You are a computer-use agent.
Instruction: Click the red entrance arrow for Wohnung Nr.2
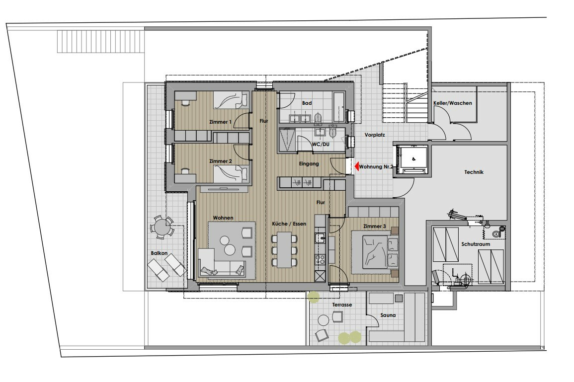click(x=356, y=166)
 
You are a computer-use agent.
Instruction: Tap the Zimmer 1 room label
click(x=220, y=122)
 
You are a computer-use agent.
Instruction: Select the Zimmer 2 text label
click(x=220, y=161)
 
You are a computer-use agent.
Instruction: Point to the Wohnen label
click(x=223, y=218)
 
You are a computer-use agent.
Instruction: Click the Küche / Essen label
click(x=289, y=224)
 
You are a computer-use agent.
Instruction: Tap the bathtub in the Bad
click(x=339, y=107)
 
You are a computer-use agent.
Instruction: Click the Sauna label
click(x=388, y=315)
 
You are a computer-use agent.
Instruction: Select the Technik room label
click(x=474, y=171)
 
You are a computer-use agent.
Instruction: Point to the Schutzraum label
click(x=476, y=244)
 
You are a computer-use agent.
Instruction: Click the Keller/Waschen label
click(x=452, y=103)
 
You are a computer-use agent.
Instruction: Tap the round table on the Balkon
click(x=161, y=227)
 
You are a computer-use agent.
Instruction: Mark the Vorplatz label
click(x=375, y=135)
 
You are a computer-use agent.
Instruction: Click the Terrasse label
click(x=342, y=305)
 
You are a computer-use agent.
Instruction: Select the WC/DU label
click(x=321, y=144)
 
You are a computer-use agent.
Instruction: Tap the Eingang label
click(x=309, y=163)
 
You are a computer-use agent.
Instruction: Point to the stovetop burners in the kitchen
click(x=321, y=259)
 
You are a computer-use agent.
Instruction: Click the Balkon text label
click(x=159, y=253)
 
